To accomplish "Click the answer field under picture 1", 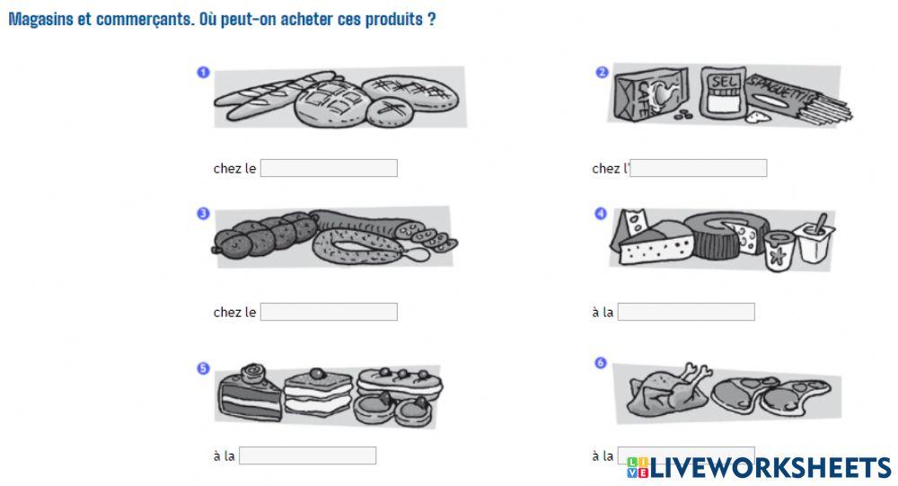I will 329,168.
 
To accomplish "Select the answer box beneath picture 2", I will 699,168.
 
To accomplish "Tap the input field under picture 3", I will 329,312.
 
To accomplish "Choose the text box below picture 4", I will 686,312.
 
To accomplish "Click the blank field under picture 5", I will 307,455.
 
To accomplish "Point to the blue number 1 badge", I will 203,72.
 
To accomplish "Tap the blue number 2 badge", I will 602,72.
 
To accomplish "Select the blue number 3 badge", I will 203,214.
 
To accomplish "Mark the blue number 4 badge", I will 601,214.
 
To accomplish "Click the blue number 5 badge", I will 203,367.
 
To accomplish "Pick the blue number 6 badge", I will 601,363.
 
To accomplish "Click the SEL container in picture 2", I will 724,93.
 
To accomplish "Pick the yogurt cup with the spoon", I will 815,239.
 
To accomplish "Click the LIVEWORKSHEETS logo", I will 759,467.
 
